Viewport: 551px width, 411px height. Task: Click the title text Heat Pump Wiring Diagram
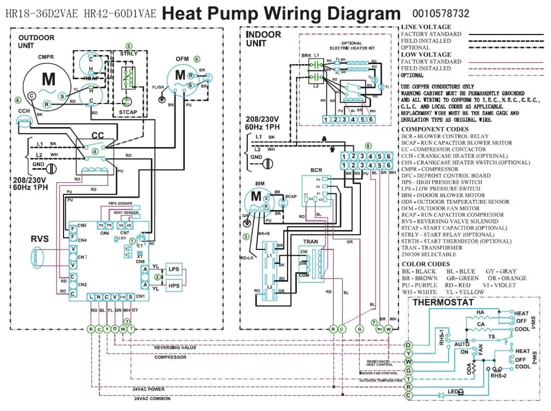281,13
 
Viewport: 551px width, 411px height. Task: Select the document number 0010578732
441,13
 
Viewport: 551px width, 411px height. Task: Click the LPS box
173,269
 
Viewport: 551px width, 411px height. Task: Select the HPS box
173,286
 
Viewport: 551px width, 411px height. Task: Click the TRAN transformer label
310,242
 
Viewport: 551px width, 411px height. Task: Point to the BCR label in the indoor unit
316,170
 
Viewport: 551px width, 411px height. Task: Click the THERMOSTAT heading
443,303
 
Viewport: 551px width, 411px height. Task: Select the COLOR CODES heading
426,264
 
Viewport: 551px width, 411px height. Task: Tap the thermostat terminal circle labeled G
408,371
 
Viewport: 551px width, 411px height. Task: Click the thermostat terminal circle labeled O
408,345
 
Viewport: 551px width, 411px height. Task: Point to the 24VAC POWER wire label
149,389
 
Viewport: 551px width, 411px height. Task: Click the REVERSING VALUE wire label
175,347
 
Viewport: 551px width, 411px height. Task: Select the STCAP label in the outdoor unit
128,113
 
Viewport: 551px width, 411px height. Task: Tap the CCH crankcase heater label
24,110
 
